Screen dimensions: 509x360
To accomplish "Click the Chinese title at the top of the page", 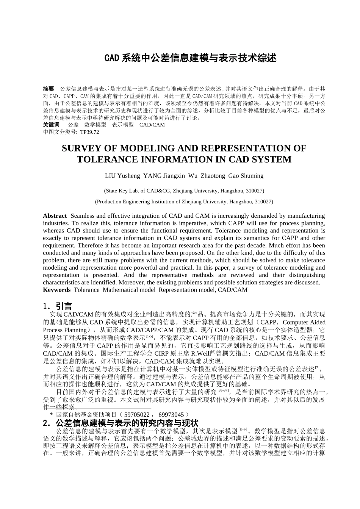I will [x=190, y=58].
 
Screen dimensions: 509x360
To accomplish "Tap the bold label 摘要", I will [x=49, y=89].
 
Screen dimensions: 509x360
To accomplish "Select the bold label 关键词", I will [x=51, y=125].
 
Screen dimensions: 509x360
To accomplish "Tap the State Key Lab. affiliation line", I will [x=184, y=190].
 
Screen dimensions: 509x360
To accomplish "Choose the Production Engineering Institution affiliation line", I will [x=184, y=201].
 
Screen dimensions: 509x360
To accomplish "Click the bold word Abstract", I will [x=55, y=216].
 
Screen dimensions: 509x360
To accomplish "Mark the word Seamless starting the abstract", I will [x=83, y=216].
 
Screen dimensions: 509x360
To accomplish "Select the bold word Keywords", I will [x=56, y=290].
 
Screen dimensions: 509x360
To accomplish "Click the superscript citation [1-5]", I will [x=149, y=336].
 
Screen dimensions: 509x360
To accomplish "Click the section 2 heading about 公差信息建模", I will [x=121, y=423].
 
